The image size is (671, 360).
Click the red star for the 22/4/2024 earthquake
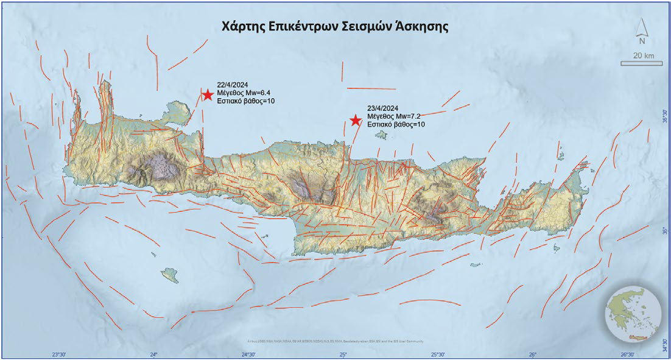pyautogui.click(x=208, y=94)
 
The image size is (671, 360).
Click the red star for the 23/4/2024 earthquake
pyautogui.click(x=356, y=120)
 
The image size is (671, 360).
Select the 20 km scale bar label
pyautogui.click(x=643, y=56)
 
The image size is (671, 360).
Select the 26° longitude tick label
pyautogui.click(x=532, y=354)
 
